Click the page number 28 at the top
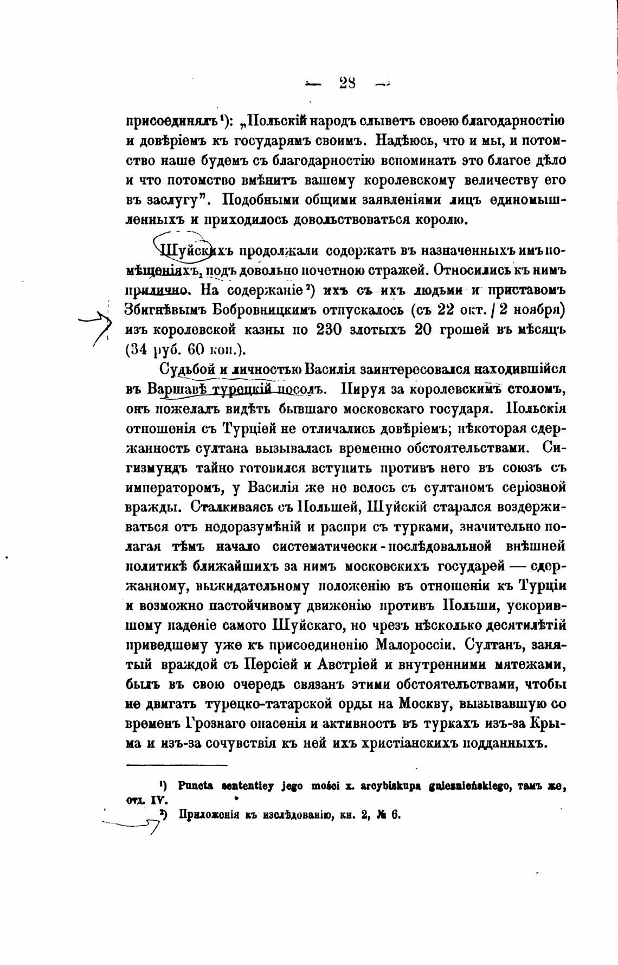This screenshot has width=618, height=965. [347, 83]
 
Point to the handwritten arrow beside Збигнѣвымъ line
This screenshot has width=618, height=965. [98, 325]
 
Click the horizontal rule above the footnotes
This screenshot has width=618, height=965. [176, 765]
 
